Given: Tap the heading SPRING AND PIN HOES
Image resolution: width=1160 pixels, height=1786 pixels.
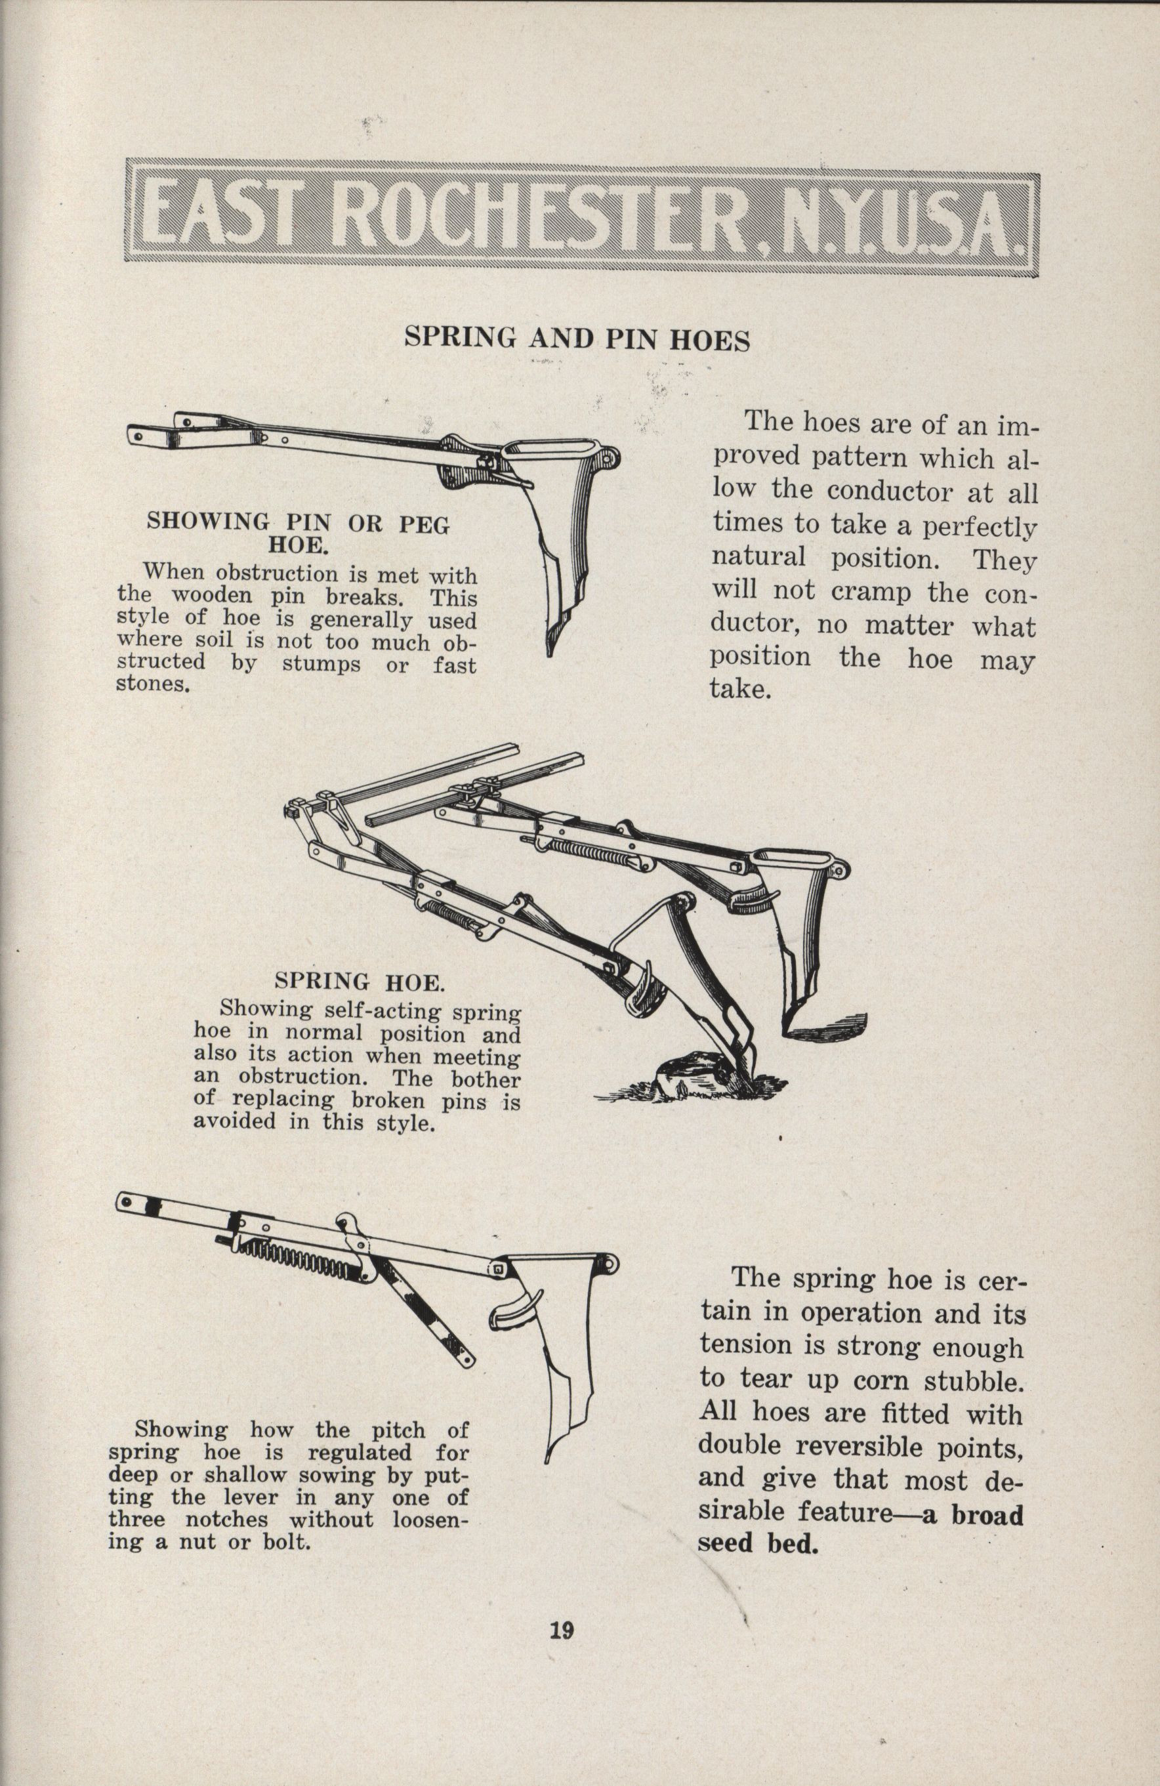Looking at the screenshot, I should [x=577, y=340].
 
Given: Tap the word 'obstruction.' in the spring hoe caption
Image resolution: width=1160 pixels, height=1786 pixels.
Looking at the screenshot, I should [x=297, y=1078].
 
